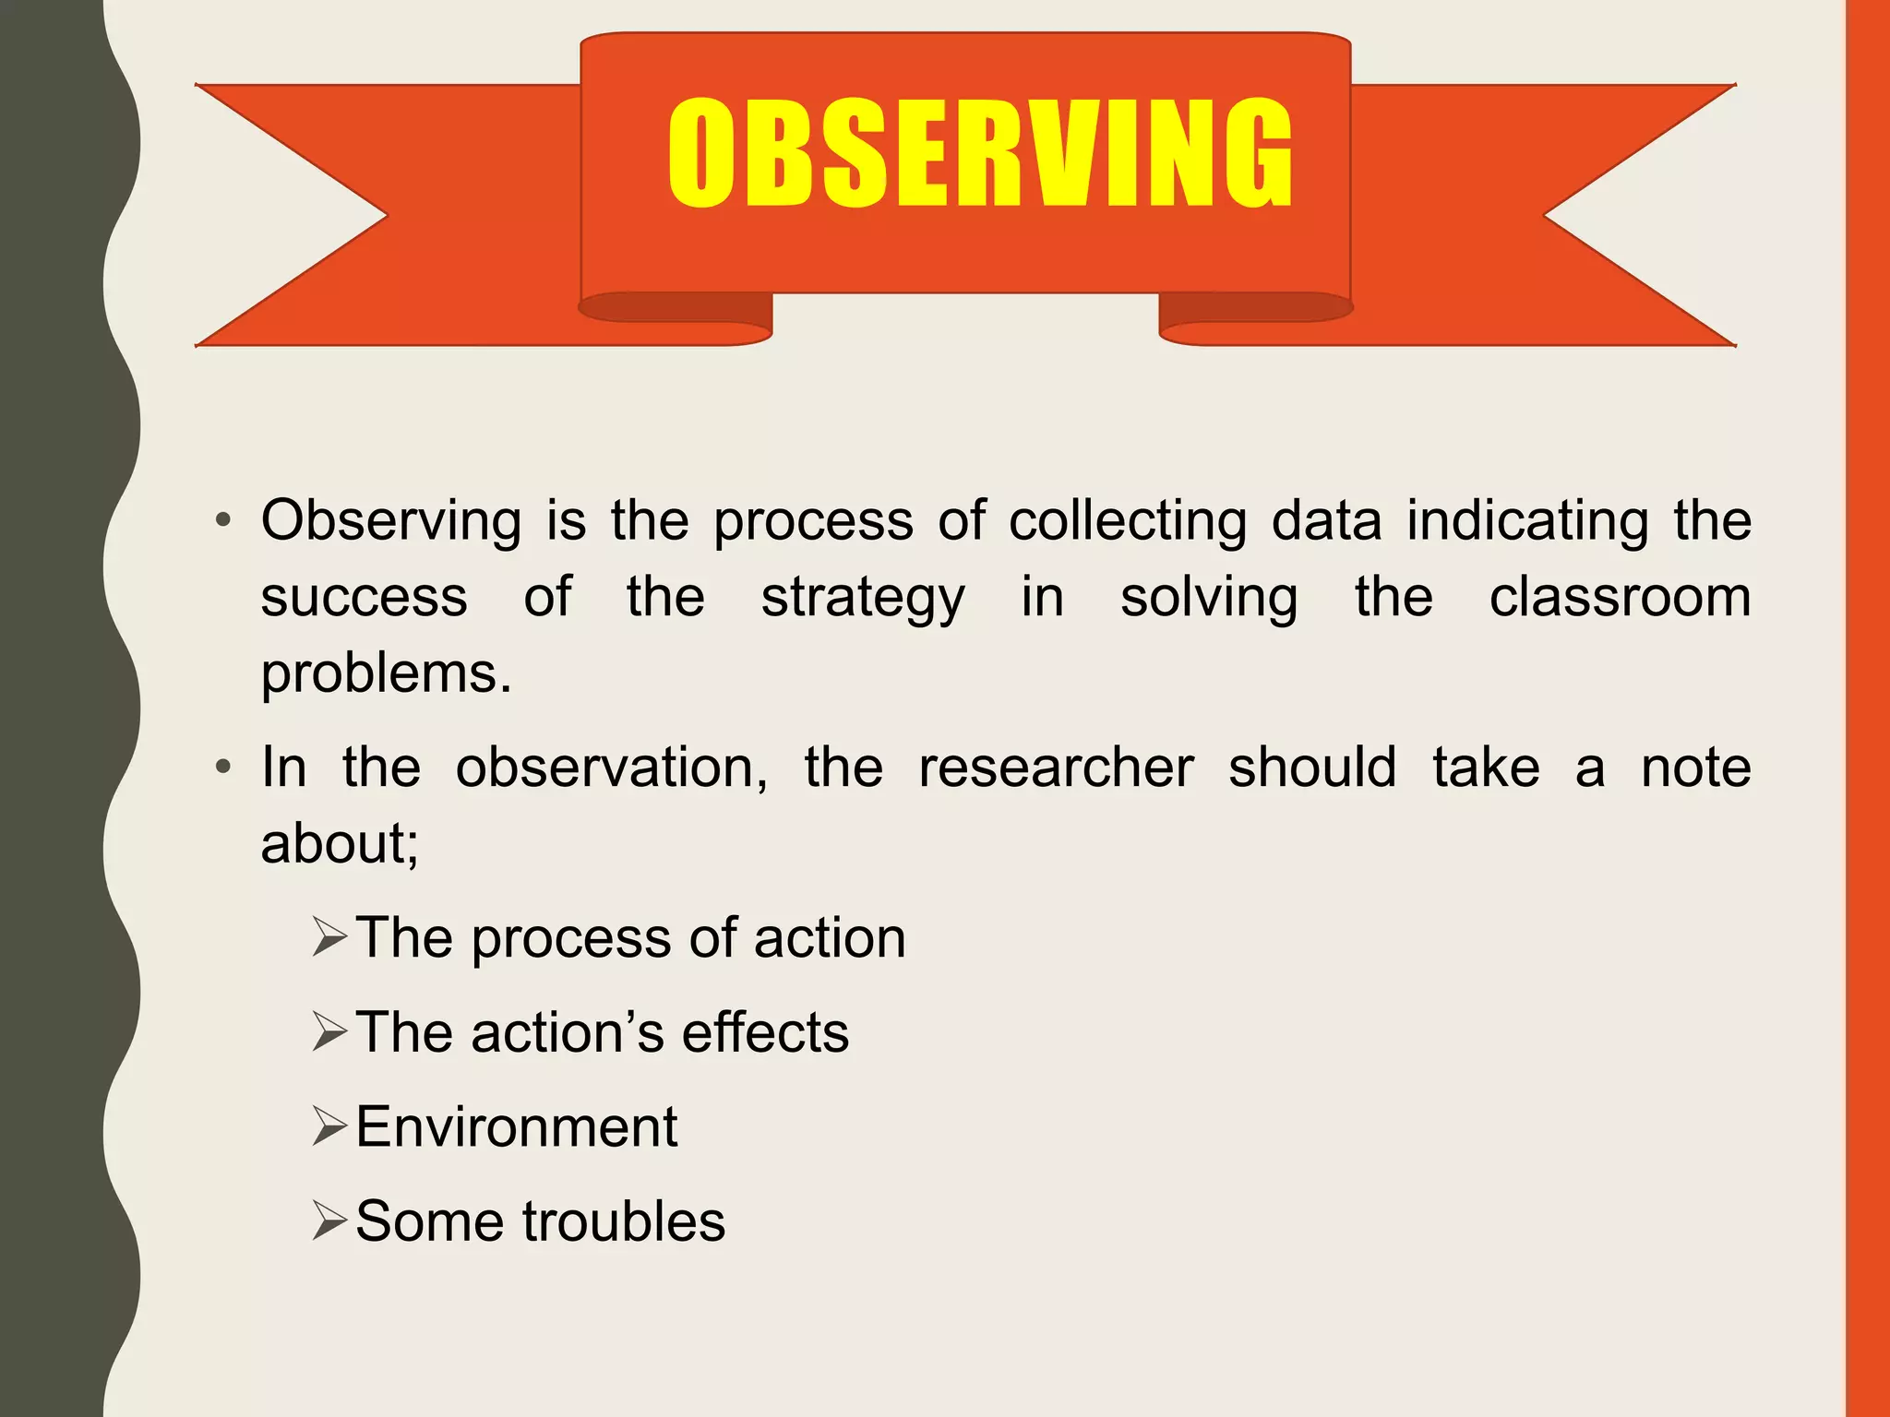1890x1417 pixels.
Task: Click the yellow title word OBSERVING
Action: point(980,153)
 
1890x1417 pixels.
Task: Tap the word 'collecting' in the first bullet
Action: point(1127,521)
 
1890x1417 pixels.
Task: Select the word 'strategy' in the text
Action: point(863,598)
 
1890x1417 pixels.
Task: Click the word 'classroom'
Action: point(1620,597)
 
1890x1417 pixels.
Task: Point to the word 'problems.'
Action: point(386,673)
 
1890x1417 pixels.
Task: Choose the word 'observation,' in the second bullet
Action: point(612,768)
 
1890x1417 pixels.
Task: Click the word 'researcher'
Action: point(1056,768)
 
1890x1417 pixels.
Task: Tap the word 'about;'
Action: point(340,843)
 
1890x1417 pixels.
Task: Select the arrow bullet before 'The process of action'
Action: point(329,937)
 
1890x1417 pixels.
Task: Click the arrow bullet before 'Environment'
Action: point(329,1126)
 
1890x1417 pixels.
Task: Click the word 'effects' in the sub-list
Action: point(765,1032)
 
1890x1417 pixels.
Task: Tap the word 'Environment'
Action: point(517,1126)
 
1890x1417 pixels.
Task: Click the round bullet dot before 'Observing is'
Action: point(222,521)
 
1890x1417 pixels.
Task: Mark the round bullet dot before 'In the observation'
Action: point(222,768)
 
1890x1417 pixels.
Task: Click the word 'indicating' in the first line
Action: point(1527,521)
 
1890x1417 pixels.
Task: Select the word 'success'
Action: point(364,598)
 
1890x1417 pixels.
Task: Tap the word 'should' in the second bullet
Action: point(1312,768)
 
